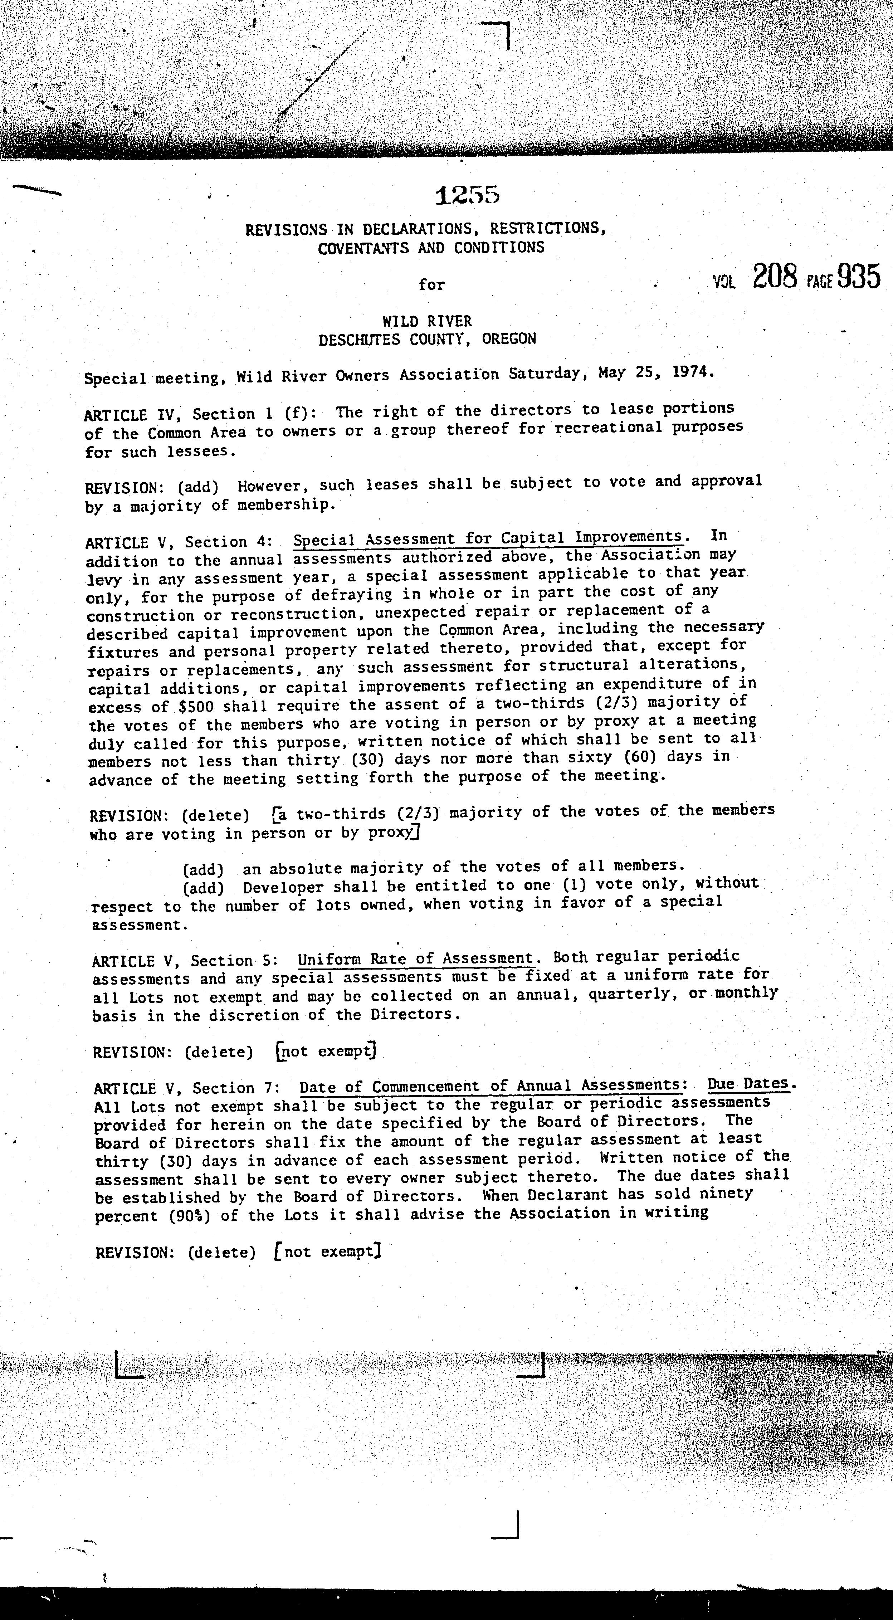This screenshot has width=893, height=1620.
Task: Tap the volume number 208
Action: coord(775,277)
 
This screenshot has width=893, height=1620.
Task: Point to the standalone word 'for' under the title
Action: coord(431,285)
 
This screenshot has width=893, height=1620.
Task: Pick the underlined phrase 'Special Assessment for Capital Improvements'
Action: coord(488,539)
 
